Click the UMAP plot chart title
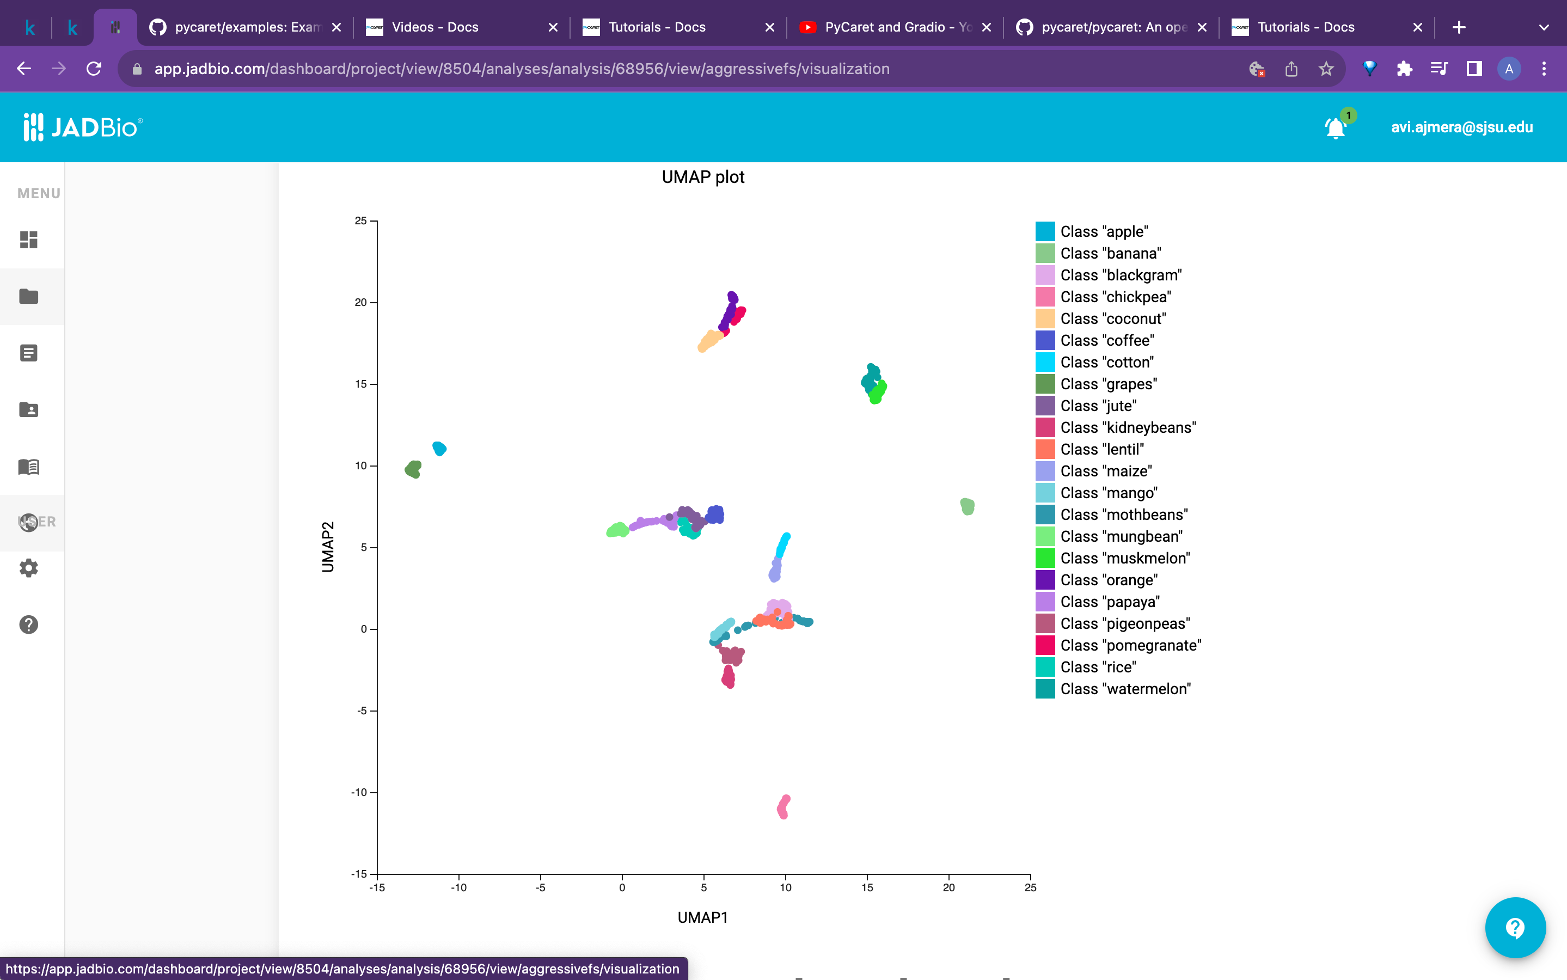click(x=702, y=177)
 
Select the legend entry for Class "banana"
click(x=1110, y=253)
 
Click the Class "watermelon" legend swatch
click(x=1045, y=689)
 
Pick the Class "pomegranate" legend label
click(x=1130, y=646)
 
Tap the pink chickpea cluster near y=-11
click(x=783, y=807)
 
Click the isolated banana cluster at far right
click(x=967, y=506)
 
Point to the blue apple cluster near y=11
click(x=439, y=449)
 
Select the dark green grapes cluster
click(x=413, y=469)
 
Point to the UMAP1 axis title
click(x=702, y=918)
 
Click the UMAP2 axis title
click(x=328, y=547)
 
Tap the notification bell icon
click(x=1335, y=128)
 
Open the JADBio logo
click(x=83, y=127)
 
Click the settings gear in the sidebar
click(x=28, y=568)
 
